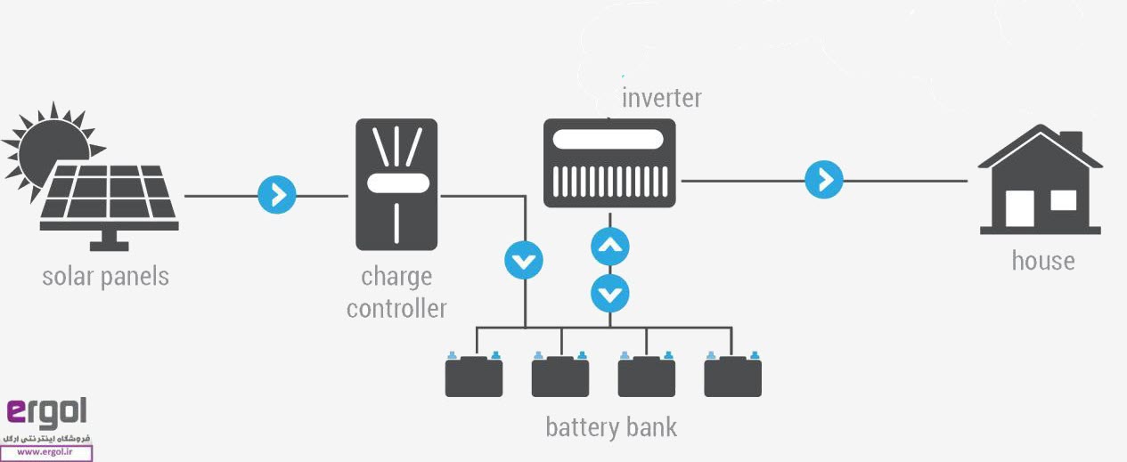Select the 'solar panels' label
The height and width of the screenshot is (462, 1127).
click(105, 276)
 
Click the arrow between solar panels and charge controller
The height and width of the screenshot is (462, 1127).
click(276, 195)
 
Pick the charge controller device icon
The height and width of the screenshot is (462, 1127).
click(396, 184)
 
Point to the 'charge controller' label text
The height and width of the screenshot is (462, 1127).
click(396, 293)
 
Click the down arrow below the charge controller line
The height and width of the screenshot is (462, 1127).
click(523, 261)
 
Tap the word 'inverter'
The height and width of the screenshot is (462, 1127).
click(661, 97)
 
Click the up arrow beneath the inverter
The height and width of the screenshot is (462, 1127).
click(610, 247)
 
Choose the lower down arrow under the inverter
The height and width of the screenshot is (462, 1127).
click(610, 292)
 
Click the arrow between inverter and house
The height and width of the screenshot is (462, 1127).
click(824, 181)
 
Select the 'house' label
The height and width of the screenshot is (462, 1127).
click(1042, 261)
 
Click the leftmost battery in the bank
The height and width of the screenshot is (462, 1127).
click(474, 375)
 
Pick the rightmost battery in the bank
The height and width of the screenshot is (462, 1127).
click(732, 375)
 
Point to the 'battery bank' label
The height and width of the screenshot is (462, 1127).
click(611, 427)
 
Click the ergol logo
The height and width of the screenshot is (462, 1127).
click(46, 412)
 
